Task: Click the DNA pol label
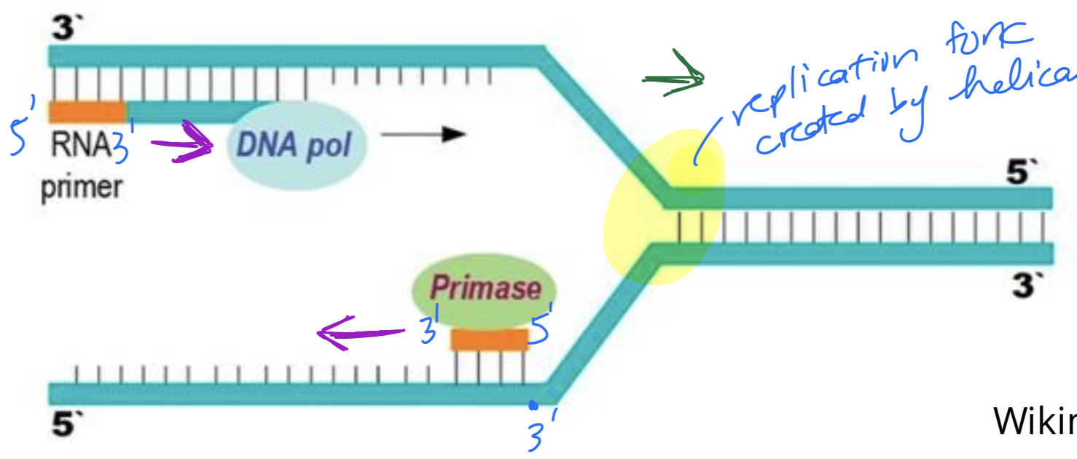point(294,146)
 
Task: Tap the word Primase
point(485,289)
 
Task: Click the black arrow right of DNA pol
point(423,134)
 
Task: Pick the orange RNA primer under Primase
point(490,340)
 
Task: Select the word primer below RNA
point(82,187)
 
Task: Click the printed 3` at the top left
point(68,30)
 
